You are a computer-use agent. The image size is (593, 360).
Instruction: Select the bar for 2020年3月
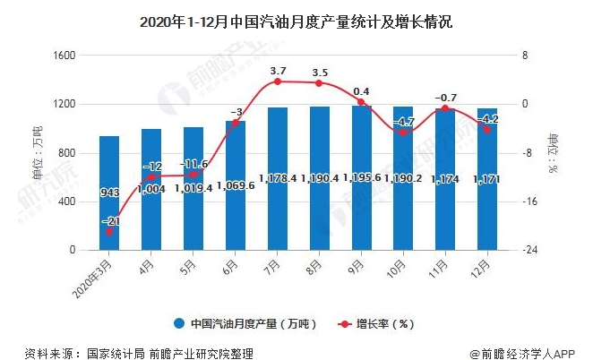[x=108, y=193]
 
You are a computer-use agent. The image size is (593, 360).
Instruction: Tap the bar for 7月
[x=277, y=178]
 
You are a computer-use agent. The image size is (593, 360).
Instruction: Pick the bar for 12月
[x=487, y=178]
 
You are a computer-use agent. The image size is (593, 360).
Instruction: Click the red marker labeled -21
[x=108, y=231]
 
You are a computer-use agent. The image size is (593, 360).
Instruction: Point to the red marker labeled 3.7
[x=277, y=81]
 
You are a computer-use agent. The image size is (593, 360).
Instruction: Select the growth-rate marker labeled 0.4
[x=361, y=102]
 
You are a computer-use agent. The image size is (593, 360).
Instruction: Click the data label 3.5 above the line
[x=319, y=72]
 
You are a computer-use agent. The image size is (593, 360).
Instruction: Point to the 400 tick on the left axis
[x=67, y=201]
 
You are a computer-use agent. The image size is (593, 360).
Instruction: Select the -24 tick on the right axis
[x=532, y=250]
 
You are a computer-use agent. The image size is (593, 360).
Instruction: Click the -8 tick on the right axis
[x=530, y=153]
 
